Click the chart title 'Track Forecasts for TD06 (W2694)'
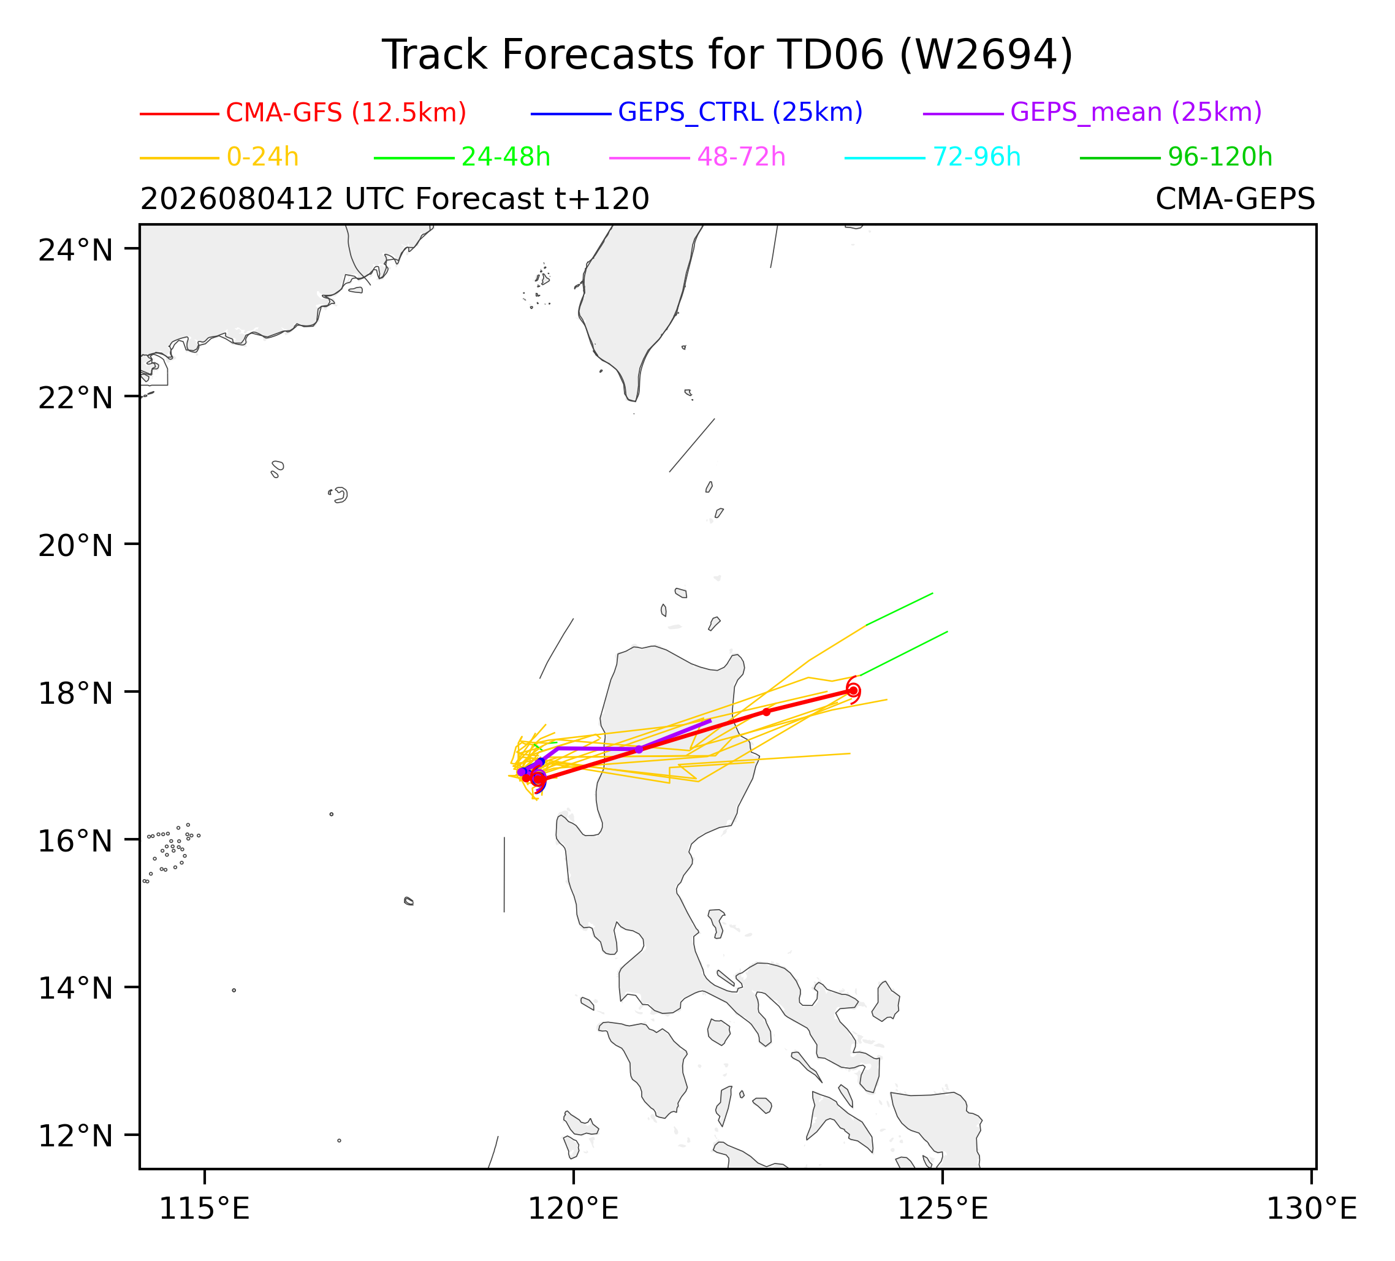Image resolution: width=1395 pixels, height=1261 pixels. pos(728,55)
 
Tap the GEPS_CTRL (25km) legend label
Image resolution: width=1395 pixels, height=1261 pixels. pos(740,112)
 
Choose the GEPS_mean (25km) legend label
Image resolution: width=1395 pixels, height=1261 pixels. pos(1136,112)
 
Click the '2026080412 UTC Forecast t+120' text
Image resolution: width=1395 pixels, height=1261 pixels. pos(395,199)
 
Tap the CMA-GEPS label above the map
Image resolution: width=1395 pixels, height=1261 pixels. pos(1235,199)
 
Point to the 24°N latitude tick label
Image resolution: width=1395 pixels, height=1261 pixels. pos(75,250)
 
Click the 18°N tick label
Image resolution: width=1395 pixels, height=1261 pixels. pos(75,693)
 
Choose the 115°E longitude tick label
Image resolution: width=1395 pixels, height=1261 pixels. pos(204,1209)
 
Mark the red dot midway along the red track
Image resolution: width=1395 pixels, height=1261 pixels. pos(766,712)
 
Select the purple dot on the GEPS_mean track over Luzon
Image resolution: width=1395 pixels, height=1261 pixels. pos(639,750)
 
